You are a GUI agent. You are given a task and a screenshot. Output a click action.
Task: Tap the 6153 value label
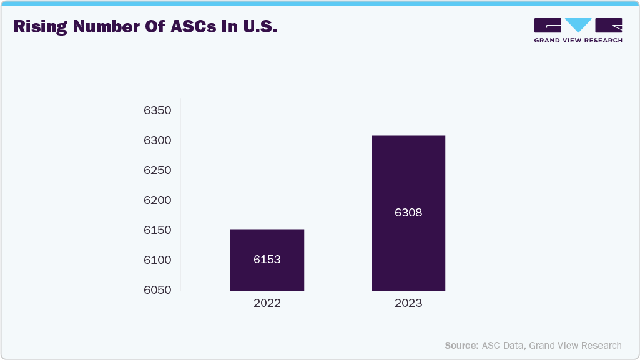(x=267, y=260)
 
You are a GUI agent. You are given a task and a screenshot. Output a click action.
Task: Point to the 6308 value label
(x=408, y=213)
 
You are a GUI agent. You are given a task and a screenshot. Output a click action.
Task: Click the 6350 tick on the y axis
(x=157, y=110)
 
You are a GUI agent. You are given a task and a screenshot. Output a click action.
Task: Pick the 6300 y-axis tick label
(x=157, y=140)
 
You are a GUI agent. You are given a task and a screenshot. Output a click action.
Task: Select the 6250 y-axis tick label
(x=157, y=170)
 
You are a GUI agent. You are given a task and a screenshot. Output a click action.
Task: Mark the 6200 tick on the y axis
(x=157, y=200)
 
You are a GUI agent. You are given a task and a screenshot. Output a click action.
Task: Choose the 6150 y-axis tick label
(x=157, y=230)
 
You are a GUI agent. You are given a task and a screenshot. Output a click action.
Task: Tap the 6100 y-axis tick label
(x=157, y=260)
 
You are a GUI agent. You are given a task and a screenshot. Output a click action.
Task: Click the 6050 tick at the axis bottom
(x=157, y=290)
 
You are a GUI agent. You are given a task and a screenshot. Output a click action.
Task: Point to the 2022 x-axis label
(x=267, y=304)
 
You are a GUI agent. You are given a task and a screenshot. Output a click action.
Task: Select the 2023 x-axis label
(x=408, y=304)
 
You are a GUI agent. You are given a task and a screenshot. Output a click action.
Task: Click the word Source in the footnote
(x=461, y=345)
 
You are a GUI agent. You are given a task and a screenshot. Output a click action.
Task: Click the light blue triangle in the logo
(x=579, y=25)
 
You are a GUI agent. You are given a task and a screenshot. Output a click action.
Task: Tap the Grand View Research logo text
(x=578, y=41)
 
